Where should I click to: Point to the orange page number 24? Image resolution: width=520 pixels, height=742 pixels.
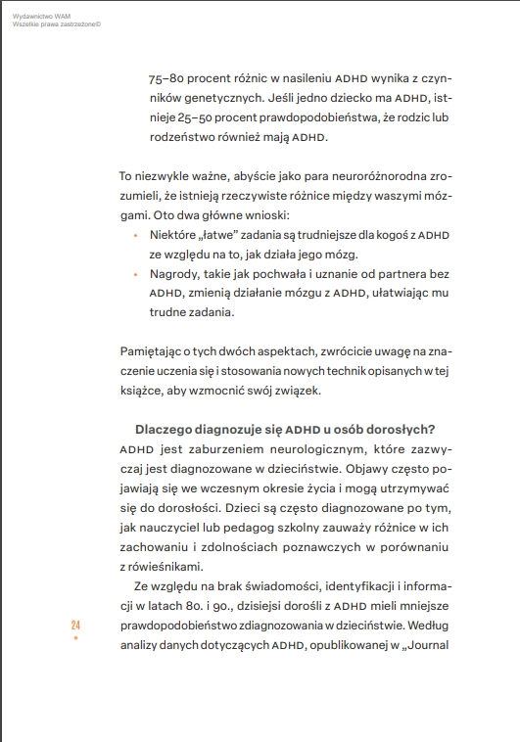coord(75,625)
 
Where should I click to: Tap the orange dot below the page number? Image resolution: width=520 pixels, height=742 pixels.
coord(75,638)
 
